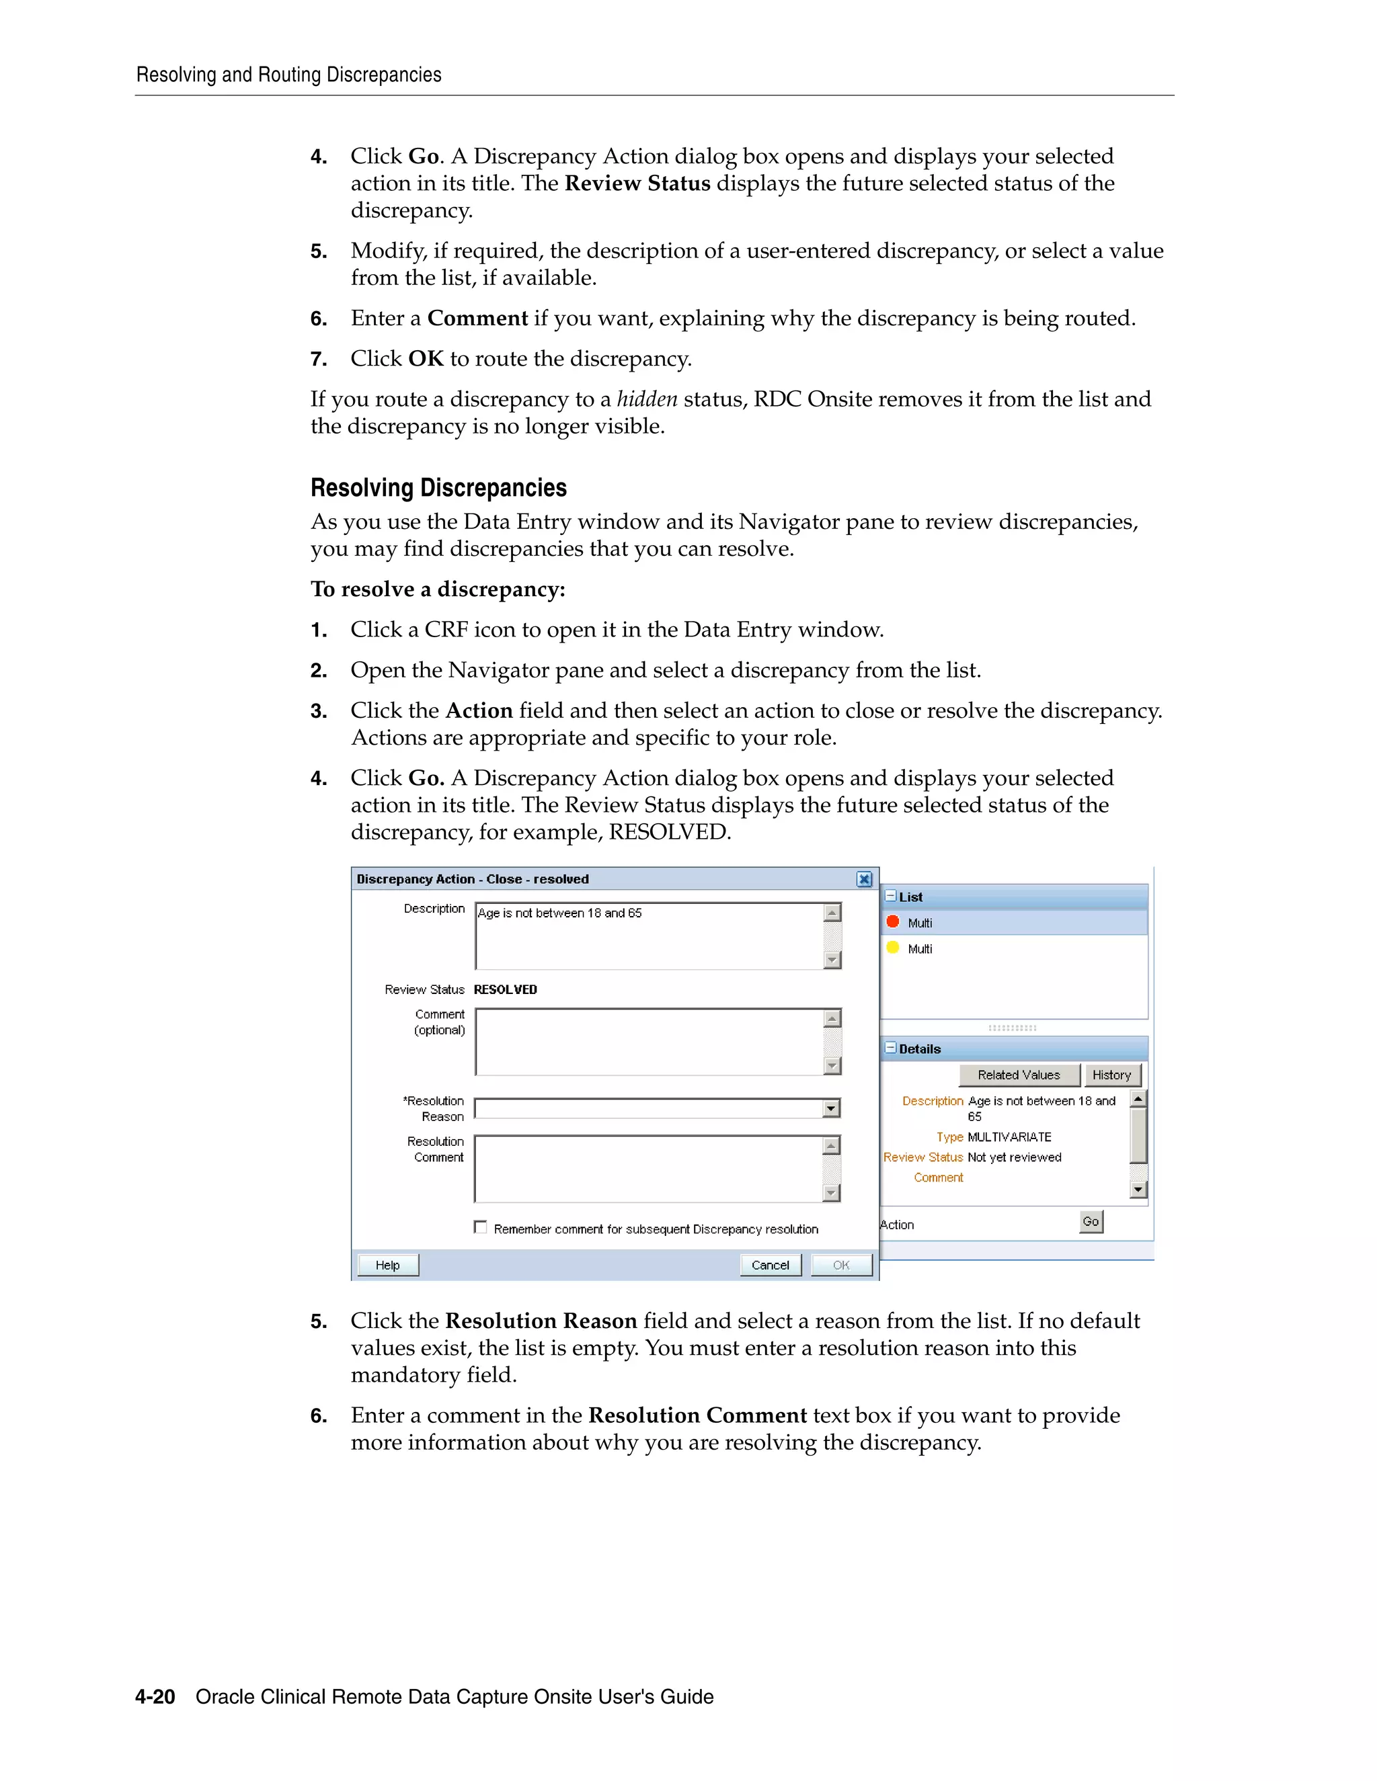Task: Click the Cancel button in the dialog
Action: tap(770, 1265)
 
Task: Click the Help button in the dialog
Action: tap(387, 1265)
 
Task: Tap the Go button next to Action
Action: tap(1091, 1222)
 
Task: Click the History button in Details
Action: tap(1111, 1075)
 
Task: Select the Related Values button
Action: tap(1018, 1075)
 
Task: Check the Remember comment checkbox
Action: tap(481, 1227)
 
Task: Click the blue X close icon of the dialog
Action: tap(864, 879)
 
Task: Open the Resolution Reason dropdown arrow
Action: tap(831, 1108)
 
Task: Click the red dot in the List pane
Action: tap(892, 921)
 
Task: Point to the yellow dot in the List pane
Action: tap(892, 948)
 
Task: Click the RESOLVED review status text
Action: tap(505, 989)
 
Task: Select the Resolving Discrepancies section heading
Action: tap(438, 488)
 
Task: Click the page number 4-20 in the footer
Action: tap(155, 1697)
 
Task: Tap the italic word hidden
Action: tap(646, 399)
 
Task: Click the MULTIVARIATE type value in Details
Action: tap(1009, 1136)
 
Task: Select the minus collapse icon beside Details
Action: tap(891, 1048)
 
